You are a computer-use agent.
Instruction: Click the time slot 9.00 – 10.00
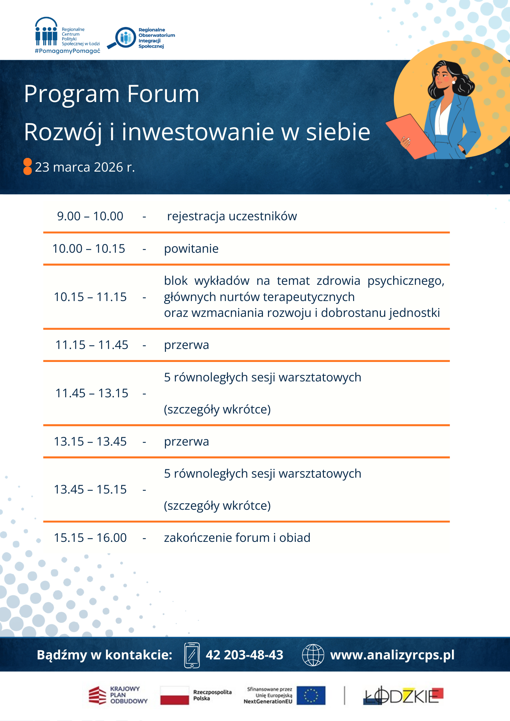tap(90, 216)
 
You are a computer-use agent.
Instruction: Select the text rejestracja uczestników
tap(232, 216)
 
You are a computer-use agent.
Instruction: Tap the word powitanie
tap(191, 249)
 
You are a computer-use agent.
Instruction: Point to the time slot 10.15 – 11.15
tap(90, 297)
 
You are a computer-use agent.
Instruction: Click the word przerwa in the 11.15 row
tap(186, 345)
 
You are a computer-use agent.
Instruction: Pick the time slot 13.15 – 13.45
tap(90, 442)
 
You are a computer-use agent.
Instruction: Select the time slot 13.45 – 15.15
tap(90, 490)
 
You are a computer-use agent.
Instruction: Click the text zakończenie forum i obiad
tap(237, 538)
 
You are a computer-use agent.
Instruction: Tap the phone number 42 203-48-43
tap(245, 655)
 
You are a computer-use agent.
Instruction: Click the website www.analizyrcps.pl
tap(392, 655)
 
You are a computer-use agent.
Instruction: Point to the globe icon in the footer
tap(313, 655)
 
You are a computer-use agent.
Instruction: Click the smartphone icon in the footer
tap(192, 655)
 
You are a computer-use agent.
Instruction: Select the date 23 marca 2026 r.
tap(85, 167)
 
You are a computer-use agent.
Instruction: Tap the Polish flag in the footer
tap(175, 695)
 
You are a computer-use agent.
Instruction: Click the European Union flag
tap(311, 695)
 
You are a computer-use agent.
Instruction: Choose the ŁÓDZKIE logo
tap(403, 696)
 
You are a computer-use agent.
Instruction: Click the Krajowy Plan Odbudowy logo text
tap(128, 695)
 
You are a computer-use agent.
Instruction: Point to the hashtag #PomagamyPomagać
tap(67, 51)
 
